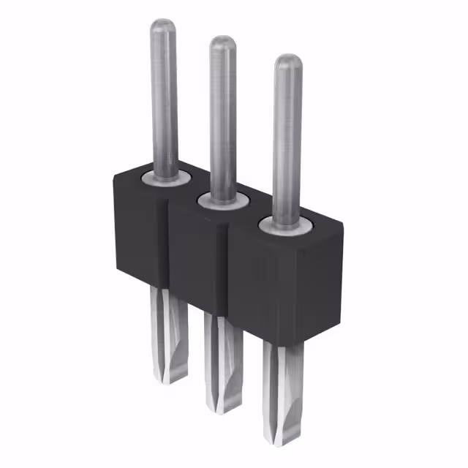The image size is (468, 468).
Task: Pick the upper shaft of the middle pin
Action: pos(223,117)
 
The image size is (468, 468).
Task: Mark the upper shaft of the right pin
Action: pos(287,139)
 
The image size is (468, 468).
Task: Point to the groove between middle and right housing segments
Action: pos(228,271)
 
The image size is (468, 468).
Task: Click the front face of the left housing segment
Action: pos(139,234)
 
